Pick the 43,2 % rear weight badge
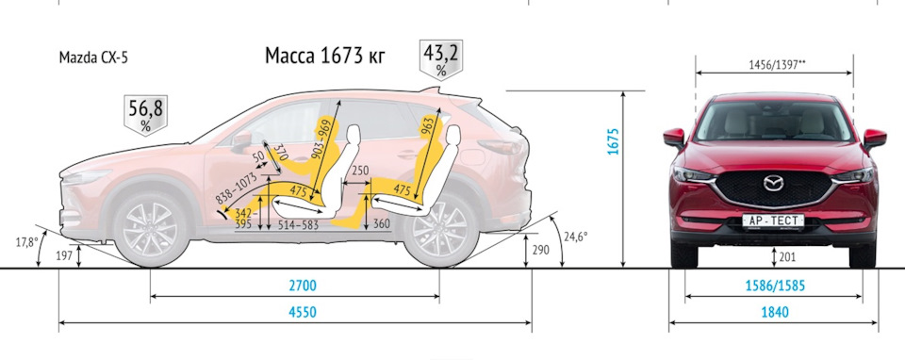(440, 58)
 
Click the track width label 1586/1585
(773, 283)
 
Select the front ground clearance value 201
(787, 255)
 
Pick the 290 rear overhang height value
(541, 250)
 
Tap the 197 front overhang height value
(63, 255)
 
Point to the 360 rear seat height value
(381, 224)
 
